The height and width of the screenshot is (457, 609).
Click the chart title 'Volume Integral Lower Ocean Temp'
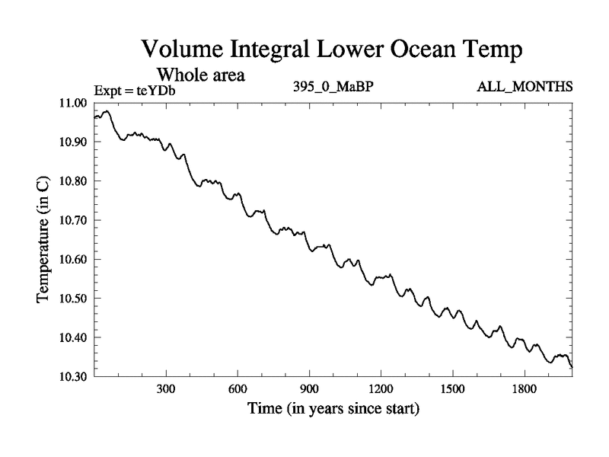pyautogui.click(x=333, y=51)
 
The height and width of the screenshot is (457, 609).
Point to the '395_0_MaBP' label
pyautogui.click(x=333, y=86)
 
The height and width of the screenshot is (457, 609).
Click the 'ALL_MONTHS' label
pyautogui.click(x=525, y=86)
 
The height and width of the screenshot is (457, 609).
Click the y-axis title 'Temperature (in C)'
pyautogui.click(x=43, y=238)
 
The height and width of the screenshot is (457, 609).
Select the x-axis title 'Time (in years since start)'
pyautogui.click(x=333, y=410)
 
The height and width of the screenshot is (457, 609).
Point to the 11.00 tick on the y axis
pyautogui.click(x=72, y=103)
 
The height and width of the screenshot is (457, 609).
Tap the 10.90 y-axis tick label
pyautogui.click(x=72, y=142)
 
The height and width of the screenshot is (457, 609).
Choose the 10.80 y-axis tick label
pyautogui.click(x=72, y=181)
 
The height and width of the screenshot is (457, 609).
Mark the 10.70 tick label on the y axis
pyautogui.click(x=72, y=221)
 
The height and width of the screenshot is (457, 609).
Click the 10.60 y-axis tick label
pyautogui.click(x=72, y=260)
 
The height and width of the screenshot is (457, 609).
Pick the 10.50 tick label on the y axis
pyautogui.click(x=72, y=299)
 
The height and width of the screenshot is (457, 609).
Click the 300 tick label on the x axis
pyautogui.click(x=166, y=388)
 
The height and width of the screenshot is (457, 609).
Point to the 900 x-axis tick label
pyautogui.click(x=309, y=388)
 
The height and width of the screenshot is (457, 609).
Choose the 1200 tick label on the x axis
pyautogui.click(x=381, y=388)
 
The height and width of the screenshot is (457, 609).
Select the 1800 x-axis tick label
pyautogui.click(x=524, y=388)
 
